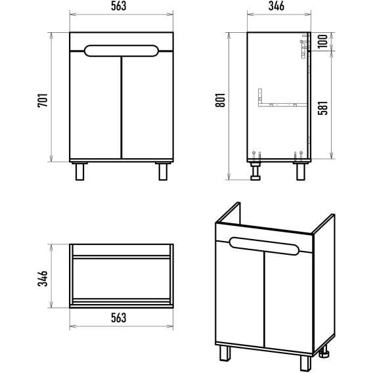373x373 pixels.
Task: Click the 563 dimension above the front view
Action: tap(118, 6)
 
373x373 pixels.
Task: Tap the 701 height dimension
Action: tap(43, 100)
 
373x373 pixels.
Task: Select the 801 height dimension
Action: tap(221, 100)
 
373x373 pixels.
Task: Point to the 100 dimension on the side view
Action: tap(322, 41)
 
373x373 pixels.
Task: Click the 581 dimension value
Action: tap(323, 108)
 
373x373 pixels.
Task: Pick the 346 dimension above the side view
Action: tap(276, 6)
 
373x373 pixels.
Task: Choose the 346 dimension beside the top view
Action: tap(43, 278)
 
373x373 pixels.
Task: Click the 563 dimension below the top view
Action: tap(118, 318)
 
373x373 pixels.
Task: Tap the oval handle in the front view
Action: tap(121, 51)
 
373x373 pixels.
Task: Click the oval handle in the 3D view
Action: tap(264, 246)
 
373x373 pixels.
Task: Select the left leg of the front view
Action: tap(79, 171)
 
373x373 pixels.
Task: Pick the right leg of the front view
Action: tap(163, 171)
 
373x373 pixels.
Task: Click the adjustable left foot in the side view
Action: tap(255, 171)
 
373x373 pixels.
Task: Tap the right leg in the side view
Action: tap(301, 171)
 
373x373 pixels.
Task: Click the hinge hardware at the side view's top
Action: tap(305, 47)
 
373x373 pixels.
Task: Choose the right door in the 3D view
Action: tap(289, 301)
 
